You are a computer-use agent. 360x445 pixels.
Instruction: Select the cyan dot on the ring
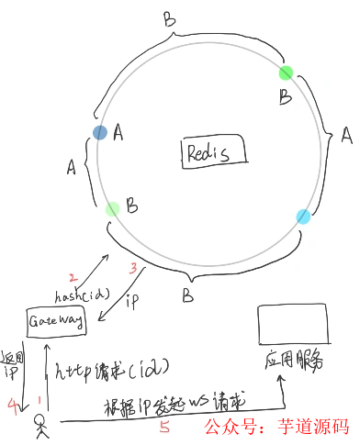tap(304, 217)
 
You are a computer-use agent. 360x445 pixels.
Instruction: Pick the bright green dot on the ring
tap(287, 72)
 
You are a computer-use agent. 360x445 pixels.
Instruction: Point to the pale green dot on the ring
tap(112, 209)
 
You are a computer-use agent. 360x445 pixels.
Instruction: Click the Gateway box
tap(57, 321)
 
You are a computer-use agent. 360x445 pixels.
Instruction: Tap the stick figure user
tap(40, 425)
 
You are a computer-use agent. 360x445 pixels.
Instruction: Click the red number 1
tap(39, 401)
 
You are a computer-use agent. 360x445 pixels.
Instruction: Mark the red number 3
tap(133, 268)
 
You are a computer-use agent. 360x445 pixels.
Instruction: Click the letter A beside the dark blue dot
tap(118, 134)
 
